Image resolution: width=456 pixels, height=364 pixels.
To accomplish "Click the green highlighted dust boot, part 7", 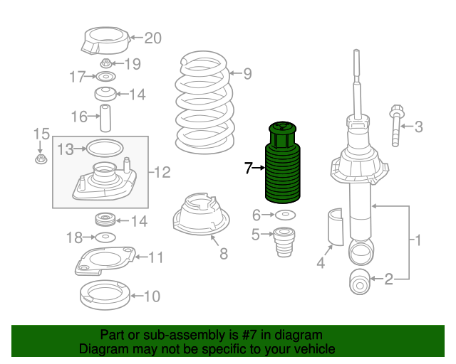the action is [x=282, y=163].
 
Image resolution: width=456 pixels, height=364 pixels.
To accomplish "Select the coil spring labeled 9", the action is [x=204, y=102].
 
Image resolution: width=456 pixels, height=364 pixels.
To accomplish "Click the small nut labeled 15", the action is [x=41, y=159].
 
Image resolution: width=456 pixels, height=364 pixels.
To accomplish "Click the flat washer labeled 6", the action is [x=285, y=215].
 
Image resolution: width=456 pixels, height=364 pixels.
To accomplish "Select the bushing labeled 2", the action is [x=359, y=282].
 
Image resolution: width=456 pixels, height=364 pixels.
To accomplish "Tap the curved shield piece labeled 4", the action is [x=336, y=227].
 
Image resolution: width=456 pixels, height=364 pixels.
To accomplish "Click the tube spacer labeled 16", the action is [x=105, y=118].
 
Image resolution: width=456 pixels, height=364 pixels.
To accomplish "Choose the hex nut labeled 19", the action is [x=106, y=63].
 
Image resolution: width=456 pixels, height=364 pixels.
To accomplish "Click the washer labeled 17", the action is [x=105, y=77].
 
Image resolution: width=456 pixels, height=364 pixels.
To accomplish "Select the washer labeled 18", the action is [x=105, y=237].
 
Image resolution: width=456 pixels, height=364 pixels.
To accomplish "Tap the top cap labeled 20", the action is [x=105, y=41].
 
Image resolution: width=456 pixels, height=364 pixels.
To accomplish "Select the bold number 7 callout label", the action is [x=248, y=168].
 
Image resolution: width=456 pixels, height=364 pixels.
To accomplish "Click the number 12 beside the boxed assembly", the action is [x=162, y=173].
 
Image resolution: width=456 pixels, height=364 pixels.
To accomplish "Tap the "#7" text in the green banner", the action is [x=249, y=336].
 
